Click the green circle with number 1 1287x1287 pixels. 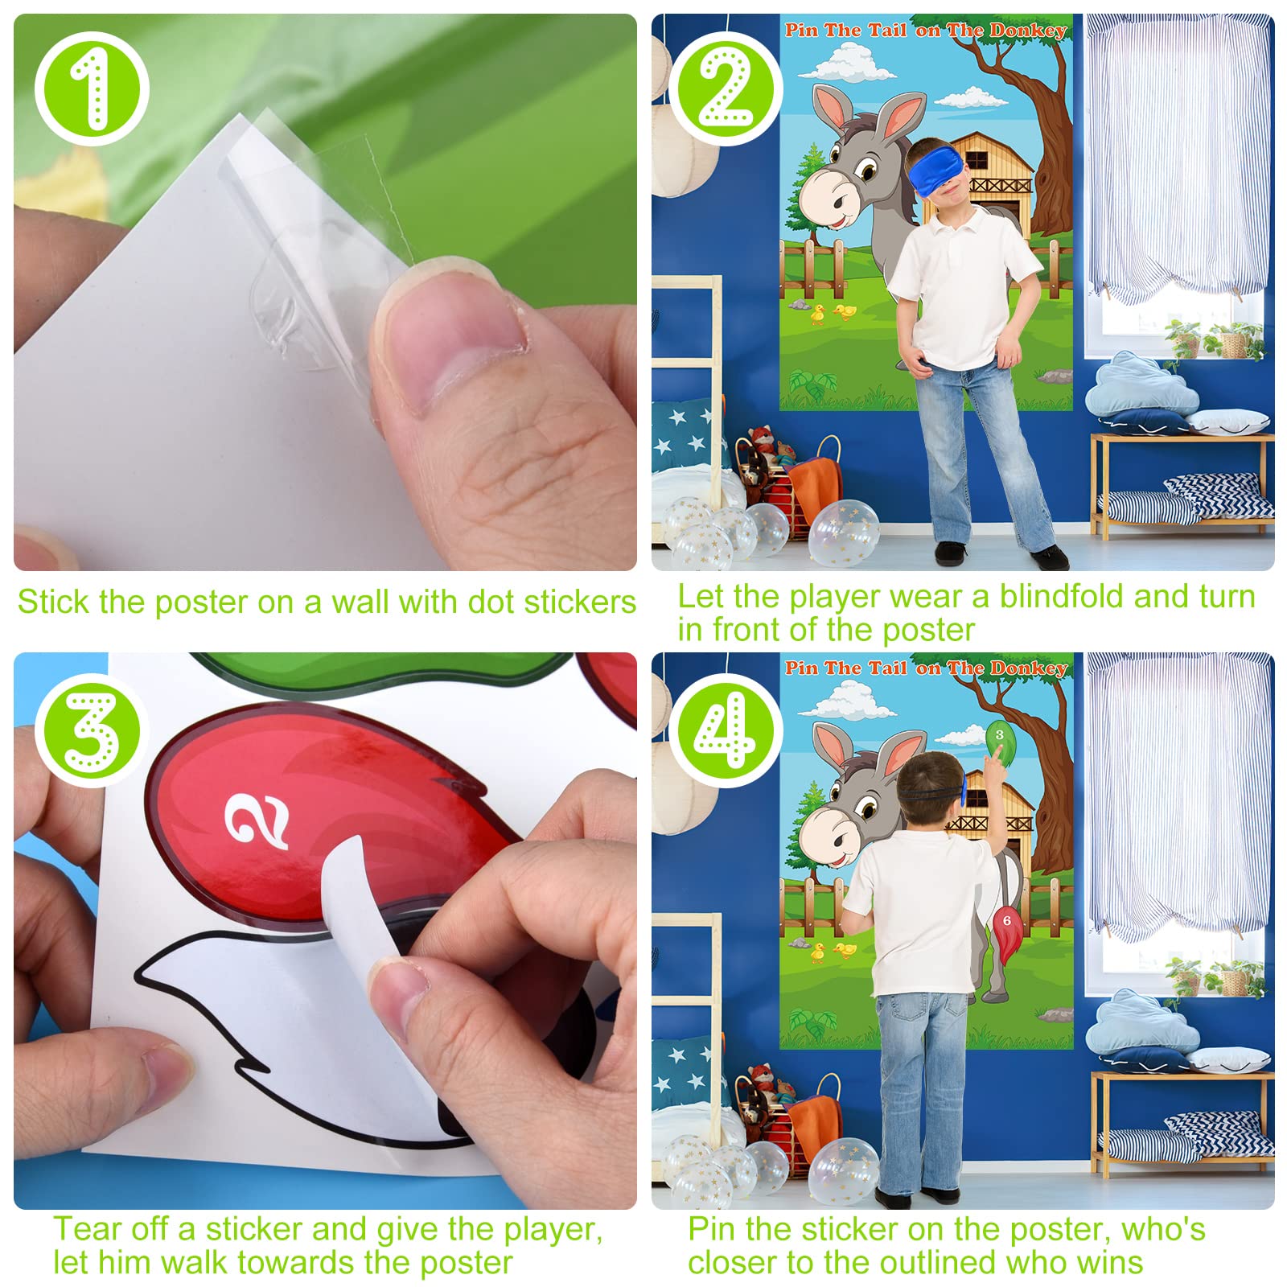tap(92, 88)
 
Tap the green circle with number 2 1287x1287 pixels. tap(726, 88)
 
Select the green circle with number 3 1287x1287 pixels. tap(92, 730)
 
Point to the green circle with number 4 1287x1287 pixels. tap(726, 730)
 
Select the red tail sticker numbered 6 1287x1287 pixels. tap(1006, 930)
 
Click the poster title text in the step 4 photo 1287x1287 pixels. tap(926, 668)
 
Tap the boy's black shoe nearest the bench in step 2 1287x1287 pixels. tap(1051, 558)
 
